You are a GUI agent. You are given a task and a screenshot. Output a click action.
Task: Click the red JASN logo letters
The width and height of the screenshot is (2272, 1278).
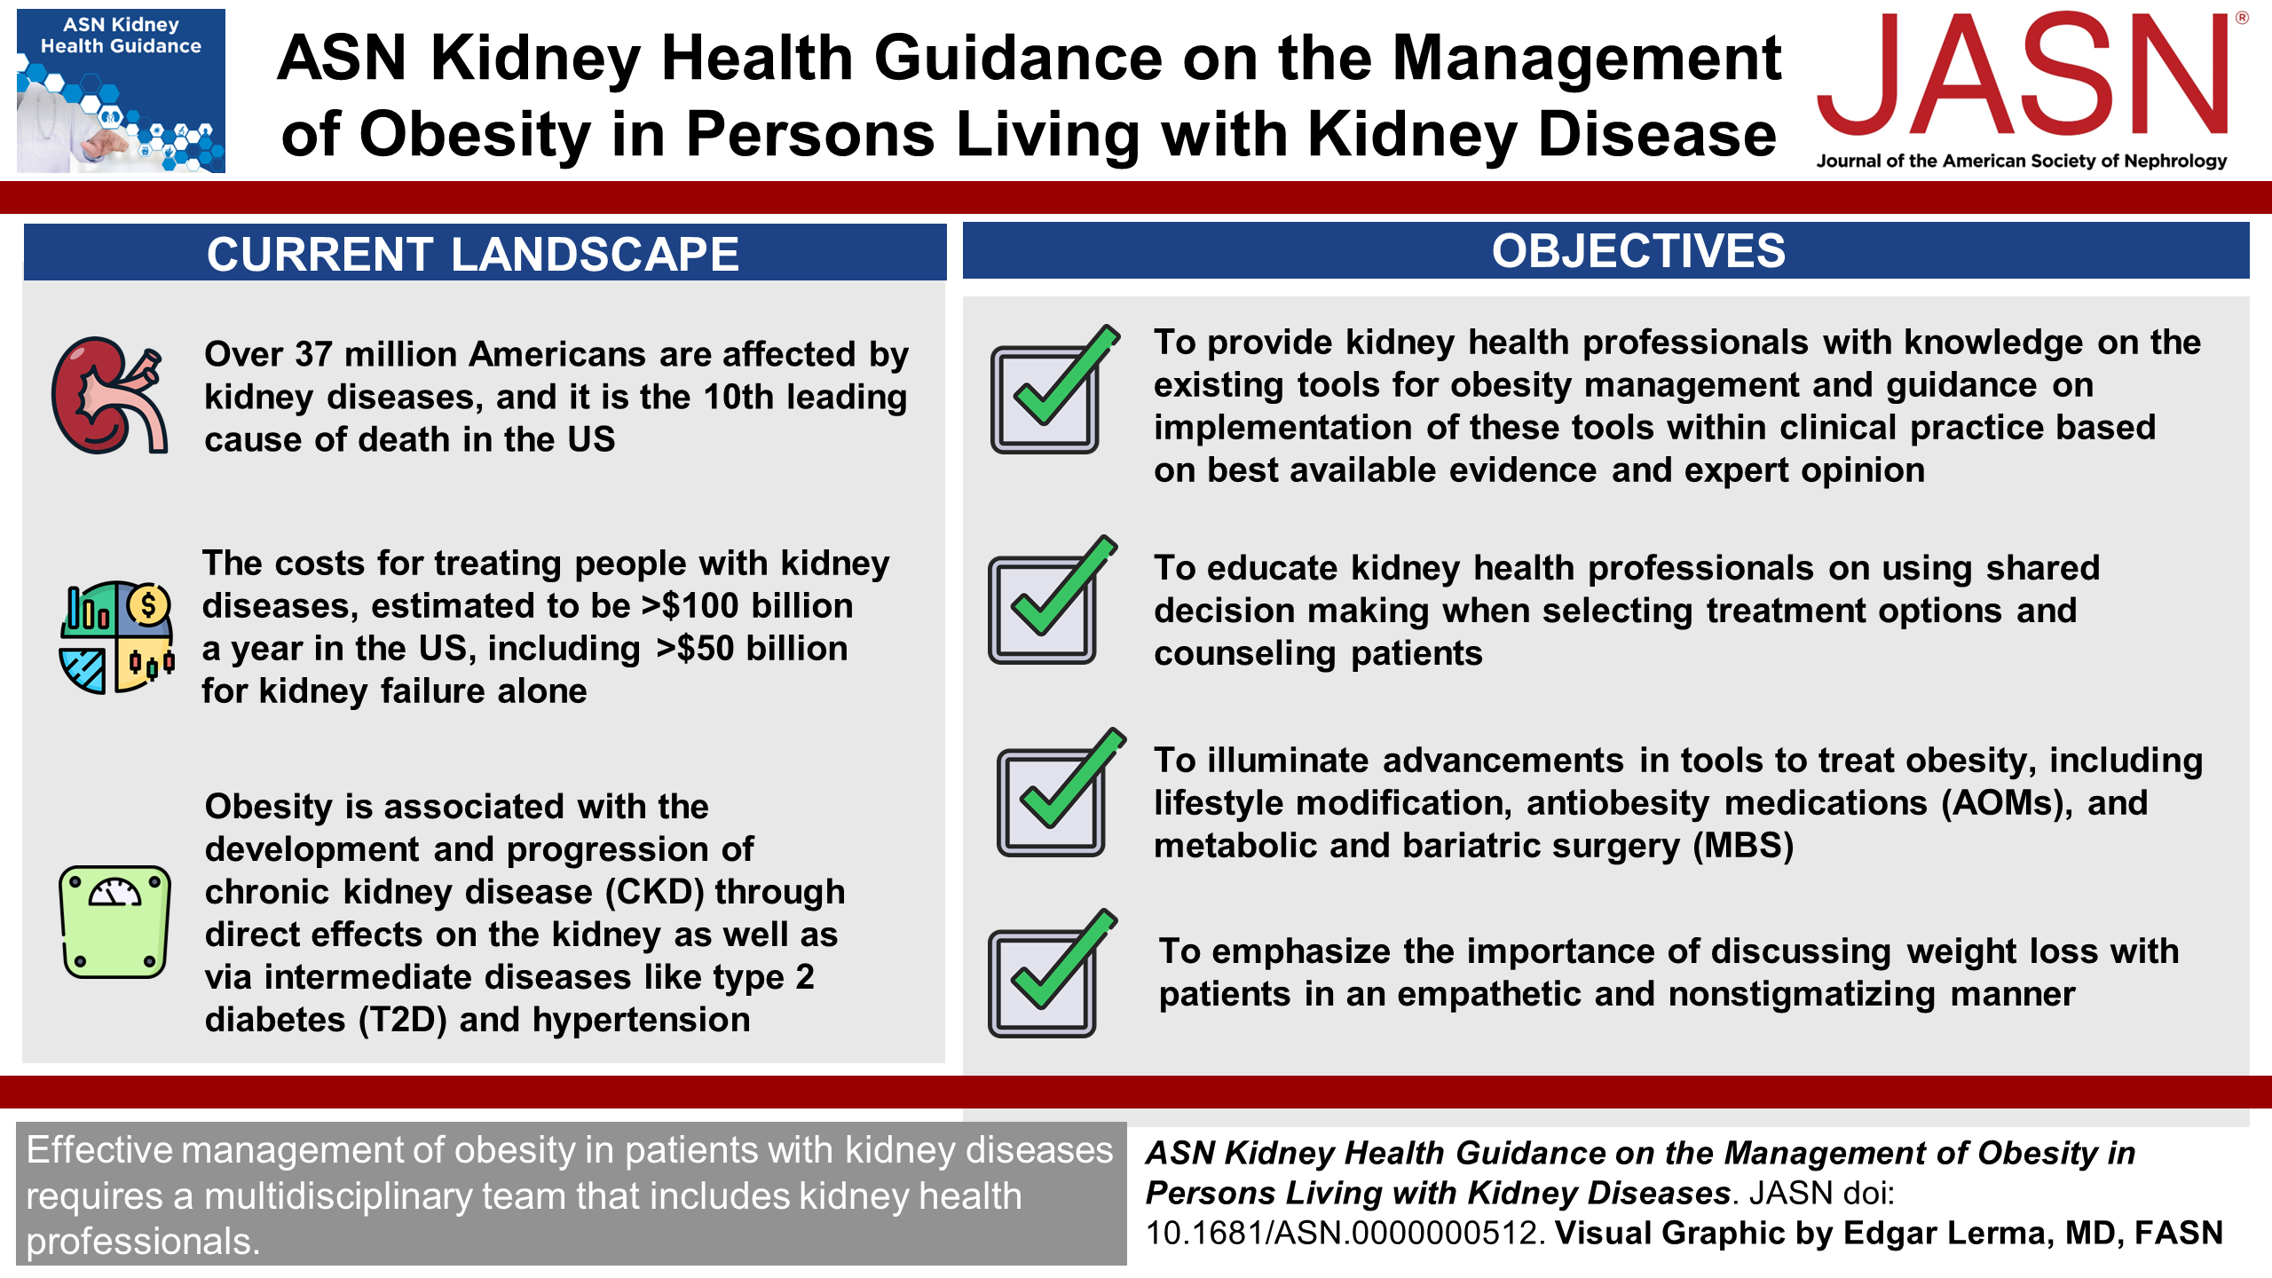[x=2023, y=75]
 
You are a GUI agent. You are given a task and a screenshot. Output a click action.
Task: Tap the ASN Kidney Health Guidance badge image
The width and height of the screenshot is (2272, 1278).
[x=121, y=91]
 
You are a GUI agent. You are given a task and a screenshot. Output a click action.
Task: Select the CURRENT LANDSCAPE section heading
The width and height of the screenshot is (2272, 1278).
[x=472, y=254]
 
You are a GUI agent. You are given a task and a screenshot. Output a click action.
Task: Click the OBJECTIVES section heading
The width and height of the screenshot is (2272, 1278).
[x=1638, y=251]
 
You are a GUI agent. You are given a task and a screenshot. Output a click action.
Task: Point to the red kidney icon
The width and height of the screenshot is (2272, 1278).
[x=109, y=396]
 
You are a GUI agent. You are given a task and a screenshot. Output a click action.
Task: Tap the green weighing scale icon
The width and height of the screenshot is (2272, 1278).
[x=114, y=922]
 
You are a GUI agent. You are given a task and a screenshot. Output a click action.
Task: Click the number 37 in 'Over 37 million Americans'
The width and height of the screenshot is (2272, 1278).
[x=313, y=354]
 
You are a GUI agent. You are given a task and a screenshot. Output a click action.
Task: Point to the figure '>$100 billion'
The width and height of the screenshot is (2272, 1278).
[x=747, y=606]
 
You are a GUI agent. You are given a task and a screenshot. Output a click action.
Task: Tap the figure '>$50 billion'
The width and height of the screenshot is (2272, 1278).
[x=752, y=649]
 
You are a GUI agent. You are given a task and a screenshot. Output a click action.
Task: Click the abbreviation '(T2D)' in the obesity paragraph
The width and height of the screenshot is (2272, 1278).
[x=403, y=1021]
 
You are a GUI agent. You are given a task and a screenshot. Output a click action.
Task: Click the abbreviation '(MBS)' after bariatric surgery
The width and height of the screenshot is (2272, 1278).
[x=1743, y=846]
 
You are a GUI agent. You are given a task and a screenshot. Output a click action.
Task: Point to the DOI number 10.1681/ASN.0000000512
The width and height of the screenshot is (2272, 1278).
[x=1345, y=1234]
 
